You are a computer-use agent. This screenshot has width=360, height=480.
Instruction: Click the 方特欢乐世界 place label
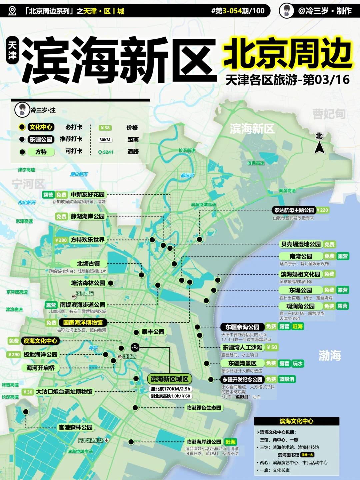(87, 240)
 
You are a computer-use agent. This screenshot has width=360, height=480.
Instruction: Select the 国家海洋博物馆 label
(83, 322)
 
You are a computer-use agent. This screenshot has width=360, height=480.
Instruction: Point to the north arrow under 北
(319, 147)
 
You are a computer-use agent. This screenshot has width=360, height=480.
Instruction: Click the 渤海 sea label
(330, 355)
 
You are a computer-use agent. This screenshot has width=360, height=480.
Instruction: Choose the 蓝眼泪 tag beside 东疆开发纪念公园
(287, 379)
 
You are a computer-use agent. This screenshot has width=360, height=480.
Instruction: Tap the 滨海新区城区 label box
(169, 379)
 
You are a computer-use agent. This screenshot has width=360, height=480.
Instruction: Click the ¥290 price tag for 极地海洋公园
(14, 354)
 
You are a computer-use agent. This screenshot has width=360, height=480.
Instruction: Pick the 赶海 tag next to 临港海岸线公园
(230, 442)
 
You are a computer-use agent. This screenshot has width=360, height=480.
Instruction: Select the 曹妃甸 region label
(329, 114)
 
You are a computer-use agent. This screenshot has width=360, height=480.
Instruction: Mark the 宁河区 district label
(28, 184)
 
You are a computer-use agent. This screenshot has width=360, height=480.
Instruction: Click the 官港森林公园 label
(75, 427)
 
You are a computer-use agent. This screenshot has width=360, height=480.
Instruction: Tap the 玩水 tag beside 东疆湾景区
(298, 363)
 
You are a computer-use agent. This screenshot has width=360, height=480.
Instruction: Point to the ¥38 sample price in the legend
(105, 128)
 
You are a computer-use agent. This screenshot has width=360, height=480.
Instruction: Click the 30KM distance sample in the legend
(105, 140)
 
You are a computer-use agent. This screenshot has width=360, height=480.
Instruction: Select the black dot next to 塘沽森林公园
(111, 283)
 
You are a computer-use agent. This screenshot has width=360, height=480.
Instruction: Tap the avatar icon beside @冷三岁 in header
(286, 11)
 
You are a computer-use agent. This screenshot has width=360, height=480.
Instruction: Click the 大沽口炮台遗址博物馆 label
(64, 392)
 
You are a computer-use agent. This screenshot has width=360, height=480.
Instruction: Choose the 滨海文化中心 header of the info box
(296, 421)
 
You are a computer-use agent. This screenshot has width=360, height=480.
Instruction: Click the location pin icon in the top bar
(12, 11)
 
